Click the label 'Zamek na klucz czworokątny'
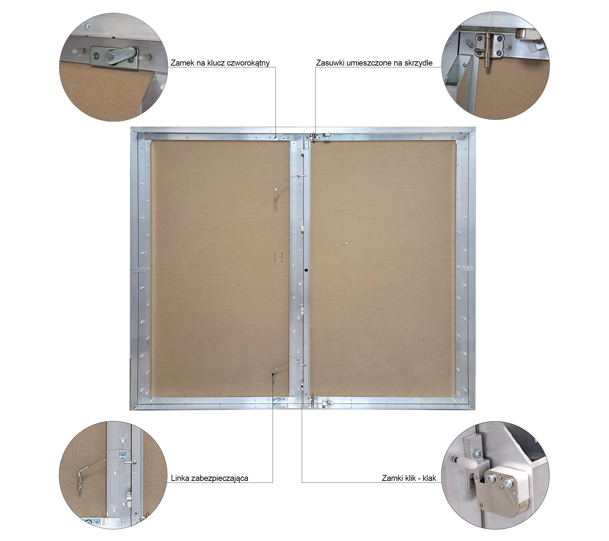coord(220,63)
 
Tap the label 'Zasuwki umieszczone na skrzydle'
coord(374,63)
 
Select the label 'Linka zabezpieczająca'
coord(209,478)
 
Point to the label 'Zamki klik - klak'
coord(409,478)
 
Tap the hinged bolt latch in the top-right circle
coord(489,48)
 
